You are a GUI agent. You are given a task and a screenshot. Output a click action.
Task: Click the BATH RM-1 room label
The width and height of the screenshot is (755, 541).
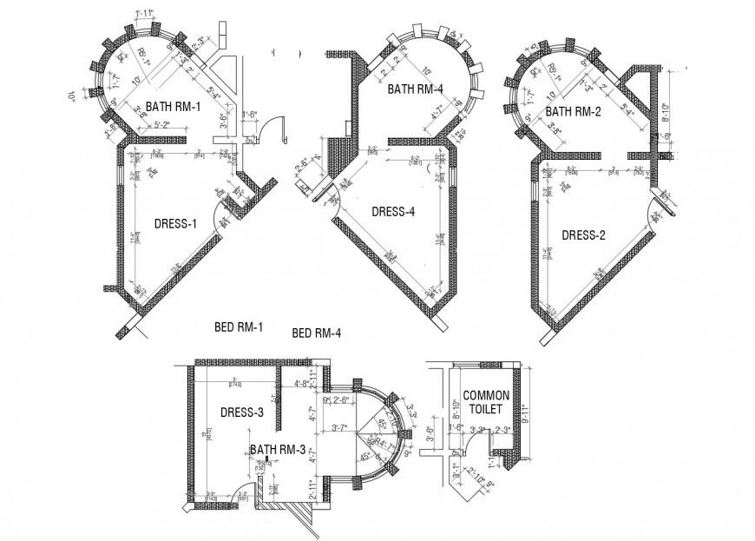click(x=173, y=107)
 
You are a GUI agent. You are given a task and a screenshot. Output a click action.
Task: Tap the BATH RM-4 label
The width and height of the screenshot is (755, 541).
click(x=415, y=89)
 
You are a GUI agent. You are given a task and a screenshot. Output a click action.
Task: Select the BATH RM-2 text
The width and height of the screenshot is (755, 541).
click(x=573, y=111)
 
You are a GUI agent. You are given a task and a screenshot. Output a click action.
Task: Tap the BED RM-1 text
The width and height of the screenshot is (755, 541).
click(x=238, y=327)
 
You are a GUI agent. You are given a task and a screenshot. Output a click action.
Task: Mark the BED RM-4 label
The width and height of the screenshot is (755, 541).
click(x=317, y=333)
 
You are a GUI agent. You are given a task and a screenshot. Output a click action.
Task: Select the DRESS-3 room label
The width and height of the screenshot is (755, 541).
click(x=240, y=412)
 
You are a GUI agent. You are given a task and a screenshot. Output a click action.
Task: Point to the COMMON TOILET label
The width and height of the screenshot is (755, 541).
click(x=486, y=401)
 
